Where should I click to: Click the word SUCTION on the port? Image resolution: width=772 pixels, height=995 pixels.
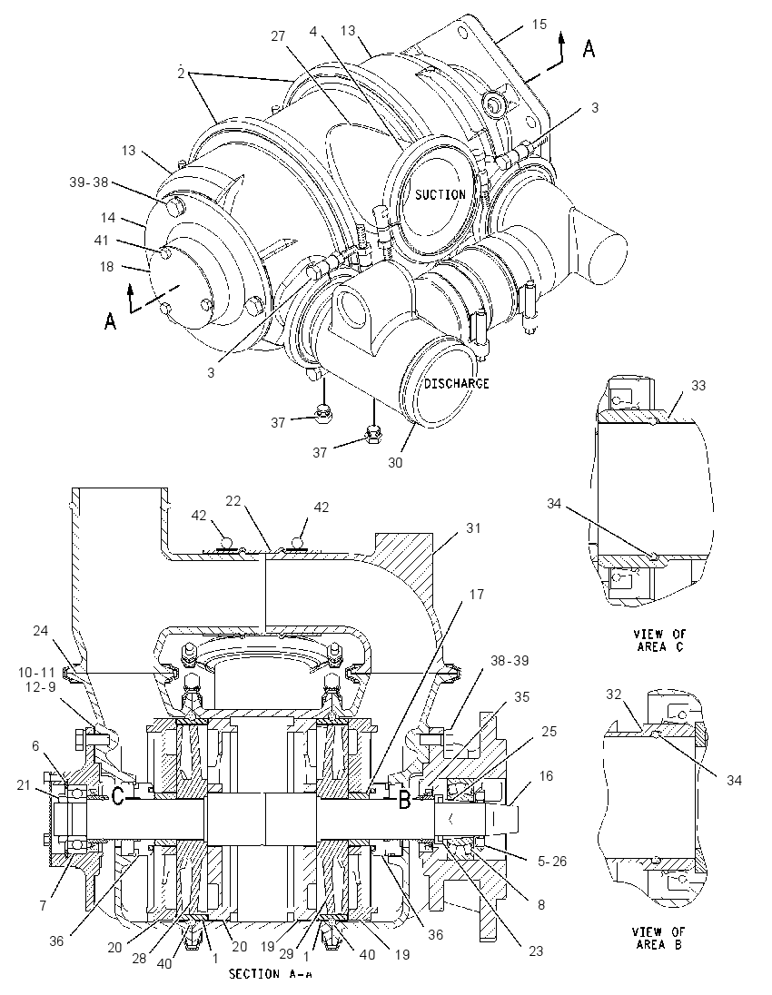point(440,195)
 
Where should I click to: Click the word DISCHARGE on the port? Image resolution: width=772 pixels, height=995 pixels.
point(457,383)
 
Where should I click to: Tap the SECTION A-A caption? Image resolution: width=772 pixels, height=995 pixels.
point(270,973)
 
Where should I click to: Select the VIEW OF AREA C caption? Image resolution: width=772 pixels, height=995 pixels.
point(659,640)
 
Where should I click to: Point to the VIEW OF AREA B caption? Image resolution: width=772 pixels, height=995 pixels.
point(658,938)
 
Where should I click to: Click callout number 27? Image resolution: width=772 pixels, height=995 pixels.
point(278,36)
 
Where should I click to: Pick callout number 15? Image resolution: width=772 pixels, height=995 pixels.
point(539,25)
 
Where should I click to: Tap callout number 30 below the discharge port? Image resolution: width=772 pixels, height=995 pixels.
point(395,463)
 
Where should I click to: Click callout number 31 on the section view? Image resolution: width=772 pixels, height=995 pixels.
point(473,528)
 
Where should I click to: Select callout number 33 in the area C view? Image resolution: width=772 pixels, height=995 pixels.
point(698,385)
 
